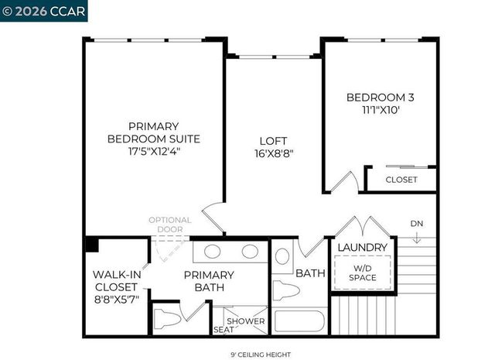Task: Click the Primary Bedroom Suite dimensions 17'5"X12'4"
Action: coord(153,152)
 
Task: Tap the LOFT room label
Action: coord(272,140)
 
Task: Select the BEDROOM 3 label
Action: coord(380,98)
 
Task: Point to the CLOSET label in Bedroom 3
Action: coord(401,180)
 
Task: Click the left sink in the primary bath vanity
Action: coord(213,252)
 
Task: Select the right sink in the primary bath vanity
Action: coord(250,252)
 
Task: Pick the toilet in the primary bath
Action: coord(168,318)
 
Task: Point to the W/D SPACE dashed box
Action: coord(362,273)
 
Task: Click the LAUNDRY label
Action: coord(362,247)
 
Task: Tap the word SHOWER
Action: coord(246,321)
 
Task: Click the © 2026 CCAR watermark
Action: coord(44,12)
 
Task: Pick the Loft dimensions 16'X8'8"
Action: coord(272,153)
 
